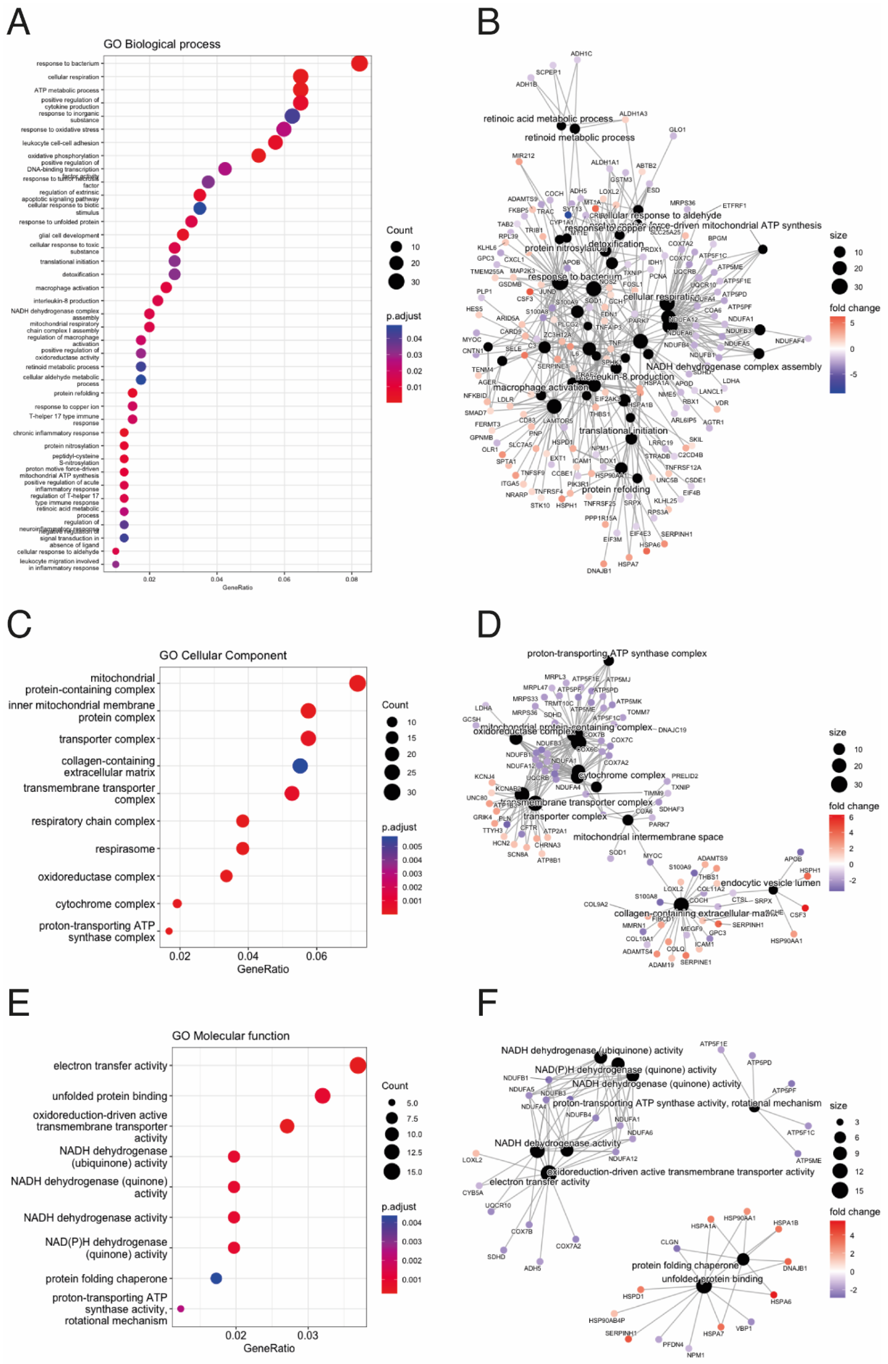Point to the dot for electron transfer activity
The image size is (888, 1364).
(358, 1065)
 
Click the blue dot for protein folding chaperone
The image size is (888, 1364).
(216, 1278)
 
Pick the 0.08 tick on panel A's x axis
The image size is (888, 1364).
(351, 579)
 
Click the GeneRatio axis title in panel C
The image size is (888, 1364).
(263, 969)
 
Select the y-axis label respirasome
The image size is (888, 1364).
(125, 849)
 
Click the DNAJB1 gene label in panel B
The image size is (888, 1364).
(599, 571)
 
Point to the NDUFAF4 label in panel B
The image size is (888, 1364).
(789, 341)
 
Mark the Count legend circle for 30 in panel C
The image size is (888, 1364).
(392, 792)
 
